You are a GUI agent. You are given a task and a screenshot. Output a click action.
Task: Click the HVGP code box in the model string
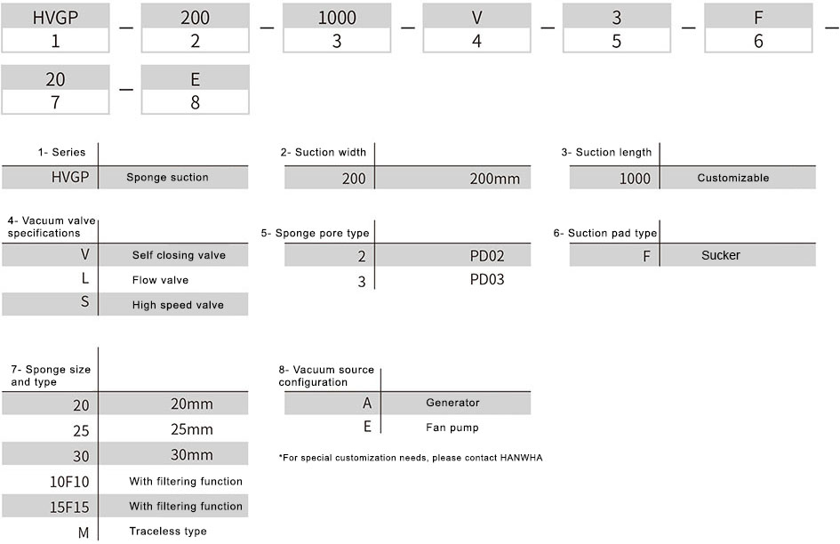(55, 17)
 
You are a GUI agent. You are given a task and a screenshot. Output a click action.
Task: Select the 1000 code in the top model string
(337, 17)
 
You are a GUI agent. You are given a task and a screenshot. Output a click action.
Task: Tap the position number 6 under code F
(758, 41)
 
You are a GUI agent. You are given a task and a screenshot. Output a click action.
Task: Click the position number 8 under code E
(195, 102)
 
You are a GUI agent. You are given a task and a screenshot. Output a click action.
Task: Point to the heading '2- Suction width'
(323, 152)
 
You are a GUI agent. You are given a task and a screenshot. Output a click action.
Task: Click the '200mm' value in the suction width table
(494, 179)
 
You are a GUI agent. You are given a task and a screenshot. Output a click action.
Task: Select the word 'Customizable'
(732, 178)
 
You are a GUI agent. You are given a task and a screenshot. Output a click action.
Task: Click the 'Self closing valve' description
(179, 255)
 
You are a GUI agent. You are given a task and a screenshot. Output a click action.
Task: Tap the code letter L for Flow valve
(84, 278)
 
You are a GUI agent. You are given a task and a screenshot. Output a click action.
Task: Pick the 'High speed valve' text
(178, 305)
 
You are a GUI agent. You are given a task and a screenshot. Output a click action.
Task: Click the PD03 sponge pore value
(487, 279)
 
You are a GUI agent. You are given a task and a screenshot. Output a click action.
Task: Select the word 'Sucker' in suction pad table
(721, 255)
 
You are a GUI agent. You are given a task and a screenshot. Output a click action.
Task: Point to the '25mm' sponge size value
(192, 429)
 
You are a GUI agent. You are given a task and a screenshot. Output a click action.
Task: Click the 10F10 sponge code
(69, 482)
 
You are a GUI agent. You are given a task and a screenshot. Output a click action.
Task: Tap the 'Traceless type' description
(168, 532)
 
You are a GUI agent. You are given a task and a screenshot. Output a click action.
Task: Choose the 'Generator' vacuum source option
(452, 403)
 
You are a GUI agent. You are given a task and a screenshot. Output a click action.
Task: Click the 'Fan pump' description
(452, 428)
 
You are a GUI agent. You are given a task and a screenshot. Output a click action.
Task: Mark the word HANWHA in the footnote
(521, 458)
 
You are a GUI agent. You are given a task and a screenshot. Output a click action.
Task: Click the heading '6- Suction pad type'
(604, 233)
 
